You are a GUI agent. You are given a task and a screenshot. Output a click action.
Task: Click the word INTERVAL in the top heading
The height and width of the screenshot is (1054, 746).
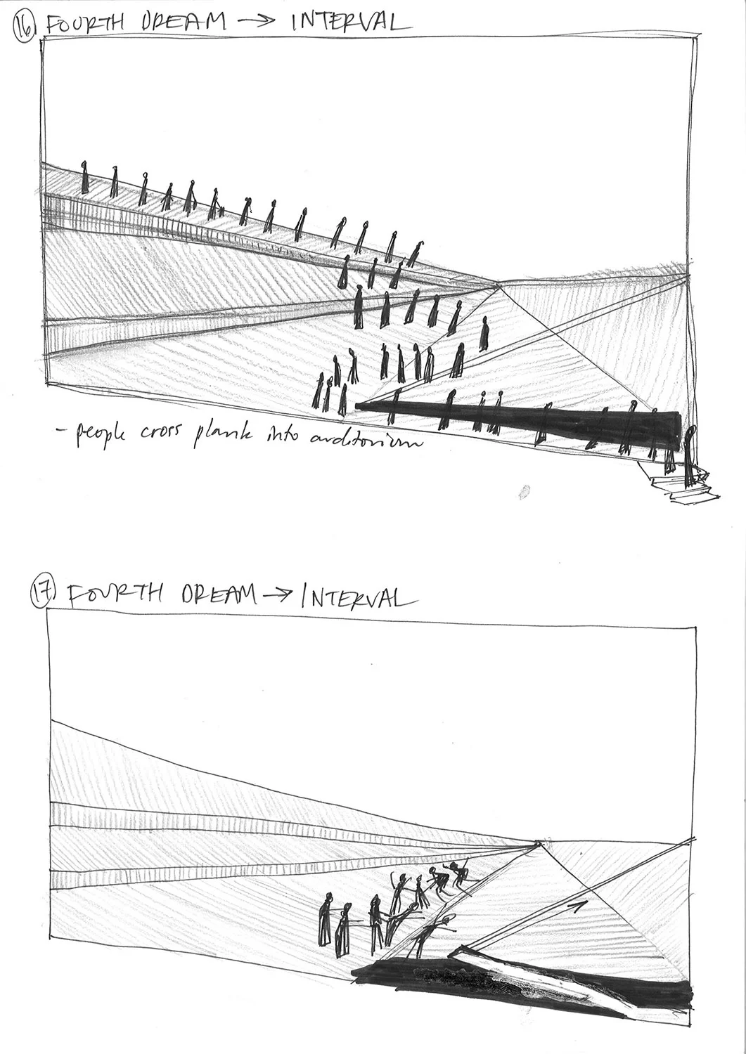(349, 22)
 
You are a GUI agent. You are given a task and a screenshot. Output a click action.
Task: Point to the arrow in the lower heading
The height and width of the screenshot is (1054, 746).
(278, 596)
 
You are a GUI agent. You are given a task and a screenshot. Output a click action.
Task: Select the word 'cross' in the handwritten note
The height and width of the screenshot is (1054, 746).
(160, 434)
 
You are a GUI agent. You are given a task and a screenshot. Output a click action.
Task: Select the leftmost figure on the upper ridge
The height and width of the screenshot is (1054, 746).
(85, 177)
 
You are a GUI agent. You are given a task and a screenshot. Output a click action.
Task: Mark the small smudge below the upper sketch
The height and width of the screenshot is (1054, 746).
(523, 492)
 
